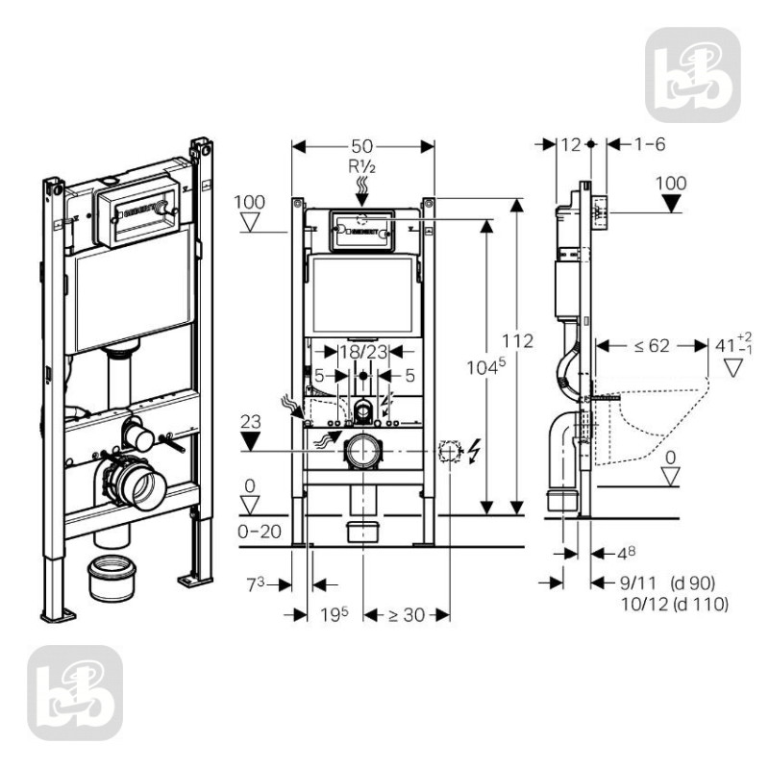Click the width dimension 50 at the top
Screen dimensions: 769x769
[362, 145]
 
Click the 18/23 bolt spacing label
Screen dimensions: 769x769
[361, 352]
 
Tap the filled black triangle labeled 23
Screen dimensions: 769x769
[252, 441]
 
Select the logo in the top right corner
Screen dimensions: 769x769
[691, 74]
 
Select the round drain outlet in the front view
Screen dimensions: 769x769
[362, 449]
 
